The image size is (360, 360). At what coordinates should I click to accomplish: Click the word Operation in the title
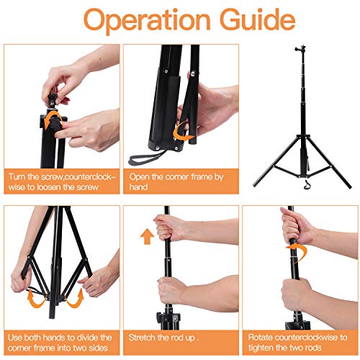tap(147, 21)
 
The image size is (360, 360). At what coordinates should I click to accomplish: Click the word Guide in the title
tap(258, 19)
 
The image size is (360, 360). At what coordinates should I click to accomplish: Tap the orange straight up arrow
tap(147, 236)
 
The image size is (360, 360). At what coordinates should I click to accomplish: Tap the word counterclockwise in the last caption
tap(306, 338)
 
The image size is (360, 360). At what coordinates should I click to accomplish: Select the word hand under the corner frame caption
tap(138, 186)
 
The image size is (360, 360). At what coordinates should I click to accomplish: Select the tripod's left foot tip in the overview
tap(255, 185)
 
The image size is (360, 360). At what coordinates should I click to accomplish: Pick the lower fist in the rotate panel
tap(297, 294)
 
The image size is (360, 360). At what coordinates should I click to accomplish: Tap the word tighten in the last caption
tap(261, 348)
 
